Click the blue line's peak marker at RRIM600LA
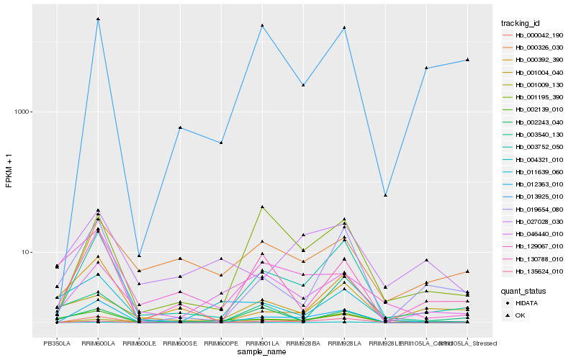tap(98, 19)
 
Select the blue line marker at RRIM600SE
tap(180, 127)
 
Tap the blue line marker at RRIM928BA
tap(303, 85)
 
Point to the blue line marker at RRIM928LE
tap(386, 195)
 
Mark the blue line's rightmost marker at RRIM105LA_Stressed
tap(467, 60)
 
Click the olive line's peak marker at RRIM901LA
tap(262, 207)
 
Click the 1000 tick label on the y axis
tap(22, 112)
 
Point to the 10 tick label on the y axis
tap(24, 253)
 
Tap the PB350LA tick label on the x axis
tap(57, 343)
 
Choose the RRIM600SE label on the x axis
tap(180, 343)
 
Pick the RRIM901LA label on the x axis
tap(262, 343)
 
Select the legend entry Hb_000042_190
tap(534, 35)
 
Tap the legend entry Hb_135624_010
tap(534, 271)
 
